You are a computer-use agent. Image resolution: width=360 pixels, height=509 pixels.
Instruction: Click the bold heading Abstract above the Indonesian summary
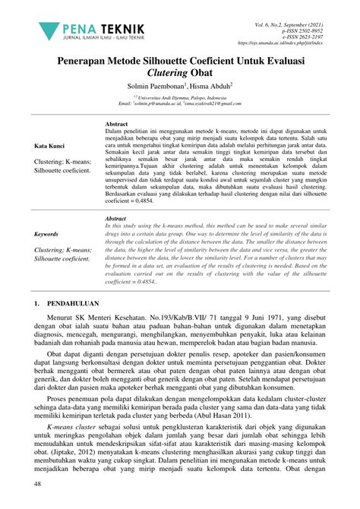coord(116,122)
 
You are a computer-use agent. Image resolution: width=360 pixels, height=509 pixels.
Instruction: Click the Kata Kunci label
coord(50,145)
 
